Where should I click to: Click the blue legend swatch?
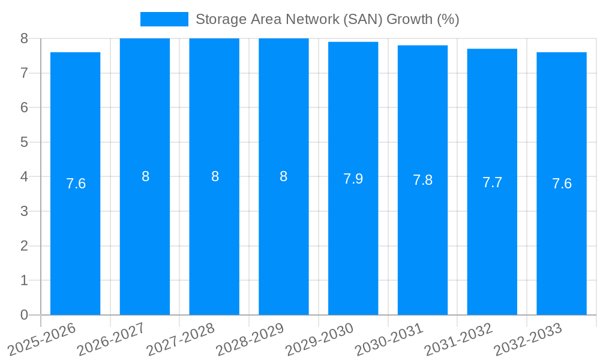(164, 19)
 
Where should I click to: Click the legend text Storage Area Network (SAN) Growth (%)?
(327, 19)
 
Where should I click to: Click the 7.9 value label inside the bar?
(353, 179)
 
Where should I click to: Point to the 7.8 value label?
(422, 180)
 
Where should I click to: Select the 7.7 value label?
(492, 182)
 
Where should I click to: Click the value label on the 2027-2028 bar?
(215, 176)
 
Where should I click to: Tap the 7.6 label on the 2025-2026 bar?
(76, 184)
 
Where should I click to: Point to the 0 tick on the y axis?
(24, 315)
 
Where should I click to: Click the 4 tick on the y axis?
(24, 177)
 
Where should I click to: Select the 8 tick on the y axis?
(24, 38)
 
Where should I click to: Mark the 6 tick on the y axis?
(24, 107)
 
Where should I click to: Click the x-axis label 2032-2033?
(528, 339)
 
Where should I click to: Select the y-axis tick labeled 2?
(24, 246)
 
